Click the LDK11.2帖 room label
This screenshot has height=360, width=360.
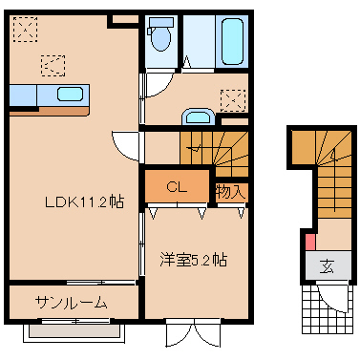point(84,201)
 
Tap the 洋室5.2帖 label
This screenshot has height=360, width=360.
point(193,260)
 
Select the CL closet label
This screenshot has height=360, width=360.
point(177,187)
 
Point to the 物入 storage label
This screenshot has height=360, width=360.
point(231,192)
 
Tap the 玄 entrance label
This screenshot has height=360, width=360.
point(328,266)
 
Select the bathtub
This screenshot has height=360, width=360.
point(232,41)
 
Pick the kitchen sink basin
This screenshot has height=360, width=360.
point(70,95)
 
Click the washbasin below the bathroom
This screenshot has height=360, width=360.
point(198,117)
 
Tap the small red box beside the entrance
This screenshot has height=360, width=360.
point(310,243)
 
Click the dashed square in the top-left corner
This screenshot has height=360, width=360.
point(26,30)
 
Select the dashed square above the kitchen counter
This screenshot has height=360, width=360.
point(53,66)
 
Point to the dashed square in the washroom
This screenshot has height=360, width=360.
point(233,100)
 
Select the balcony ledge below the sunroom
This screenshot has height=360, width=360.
point(73,332)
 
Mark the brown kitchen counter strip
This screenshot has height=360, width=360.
point(49,112)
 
